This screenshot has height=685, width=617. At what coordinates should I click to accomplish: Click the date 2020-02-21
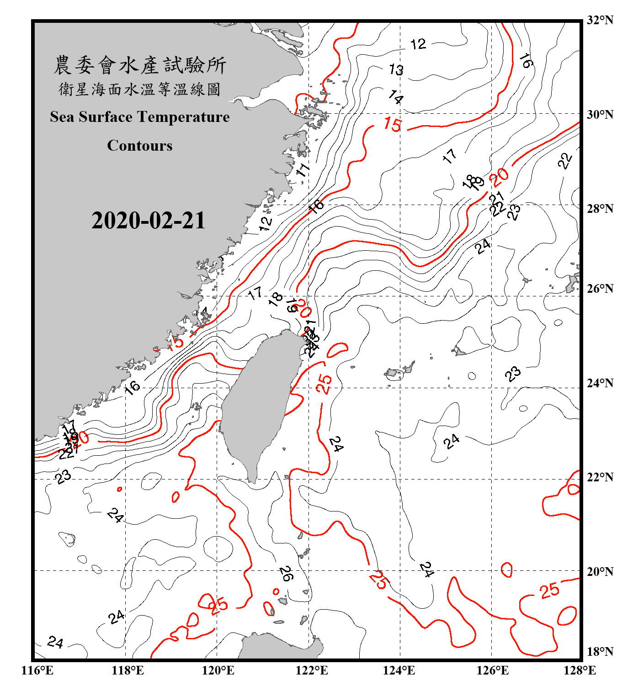point(148,220)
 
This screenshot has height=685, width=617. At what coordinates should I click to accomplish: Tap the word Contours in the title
point(140,145)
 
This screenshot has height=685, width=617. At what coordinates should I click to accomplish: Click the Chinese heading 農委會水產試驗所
point(140,65)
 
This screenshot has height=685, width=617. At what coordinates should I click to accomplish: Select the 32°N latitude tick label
point(600,20)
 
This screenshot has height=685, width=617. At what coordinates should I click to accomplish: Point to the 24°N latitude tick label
point(600,383)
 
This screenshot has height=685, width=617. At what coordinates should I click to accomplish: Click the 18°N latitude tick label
point(600,651)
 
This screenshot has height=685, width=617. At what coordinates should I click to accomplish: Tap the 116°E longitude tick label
point(37,670)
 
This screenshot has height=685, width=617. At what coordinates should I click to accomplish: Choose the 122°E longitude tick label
point(312,670)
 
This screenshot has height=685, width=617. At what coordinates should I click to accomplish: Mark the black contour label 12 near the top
point(418,44)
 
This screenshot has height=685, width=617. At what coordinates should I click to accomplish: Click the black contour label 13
point(396,69)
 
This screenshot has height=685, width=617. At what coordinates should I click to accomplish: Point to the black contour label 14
point(396,97)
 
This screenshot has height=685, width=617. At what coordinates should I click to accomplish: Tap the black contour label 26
point(286,574)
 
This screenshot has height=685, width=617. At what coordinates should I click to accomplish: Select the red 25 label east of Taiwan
point(324,383)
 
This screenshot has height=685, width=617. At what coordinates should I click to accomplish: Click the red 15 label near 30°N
point(393,124)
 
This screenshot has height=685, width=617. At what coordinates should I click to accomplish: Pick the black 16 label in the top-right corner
point(526,61)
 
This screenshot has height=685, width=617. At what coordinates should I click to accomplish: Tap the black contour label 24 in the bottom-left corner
point(55,642)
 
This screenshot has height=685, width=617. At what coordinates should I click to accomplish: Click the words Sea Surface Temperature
point(140,117)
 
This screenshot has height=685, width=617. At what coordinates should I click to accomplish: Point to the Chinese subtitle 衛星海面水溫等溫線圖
point(140,90)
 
